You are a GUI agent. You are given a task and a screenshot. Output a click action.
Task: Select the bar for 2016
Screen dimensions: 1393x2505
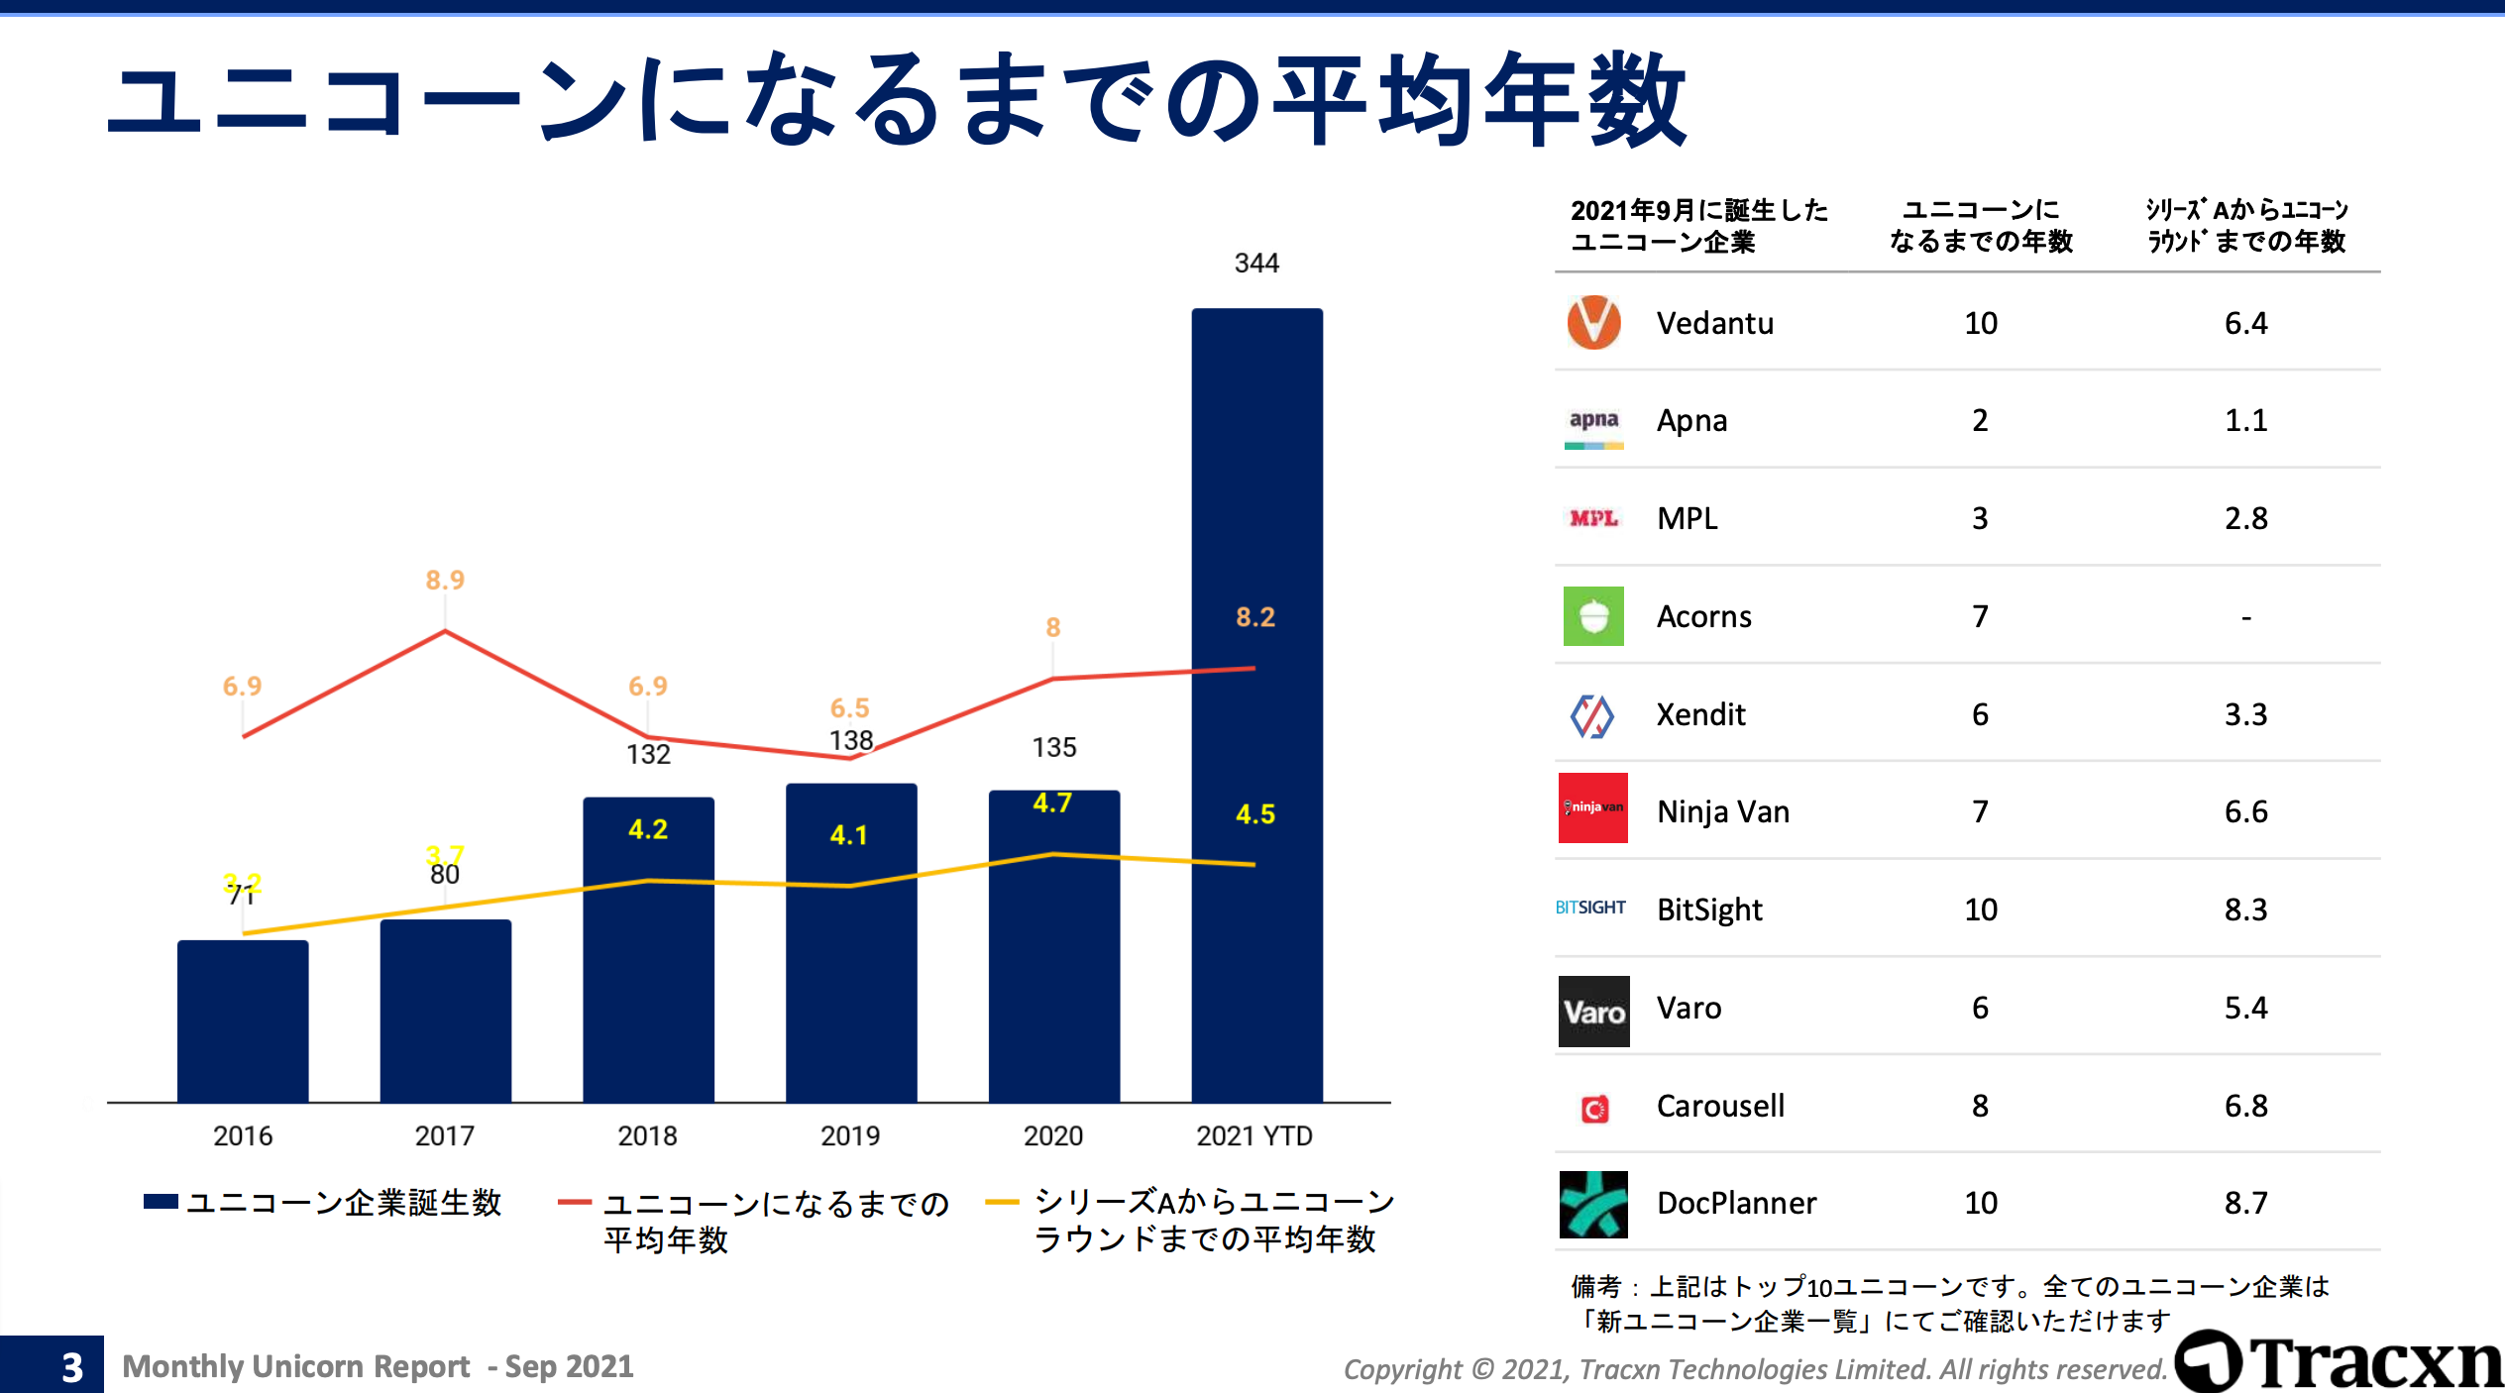(x=243, y=1020)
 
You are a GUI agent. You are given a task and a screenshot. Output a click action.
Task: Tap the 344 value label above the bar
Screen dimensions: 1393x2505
(x=1256, y=263)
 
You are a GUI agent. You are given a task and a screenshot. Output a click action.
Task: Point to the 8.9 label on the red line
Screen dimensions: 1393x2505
(x=445, y=580)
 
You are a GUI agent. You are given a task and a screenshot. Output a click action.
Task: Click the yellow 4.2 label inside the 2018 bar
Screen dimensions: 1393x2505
(x=648, y=829)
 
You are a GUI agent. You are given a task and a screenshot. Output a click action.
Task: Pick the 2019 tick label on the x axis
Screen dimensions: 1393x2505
(x=850, y=1135)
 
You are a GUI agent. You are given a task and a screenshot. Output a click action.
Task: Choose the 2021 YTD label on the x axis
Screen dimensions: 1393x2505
(x=1254, y=1135)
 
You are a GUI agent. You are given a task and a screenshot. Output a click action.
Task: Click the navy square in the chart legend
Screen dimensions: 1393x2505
(x=161, y=1202)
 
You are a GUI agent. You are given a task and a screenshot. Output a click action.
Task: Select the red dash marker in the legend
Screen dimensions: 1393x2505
(x=575, y=1203)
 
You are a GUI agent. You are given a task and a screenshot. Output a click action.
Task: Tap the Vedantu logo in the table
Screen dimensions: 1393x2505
(x=1593, y=323)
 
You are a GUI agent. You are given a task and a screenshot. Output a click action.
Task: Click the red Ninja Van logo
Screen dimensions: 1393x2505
(x=1593, y=807)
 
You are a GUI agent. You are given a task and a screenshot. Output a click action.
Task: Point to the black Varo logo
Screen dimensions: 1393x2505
(x=1593, y=1012)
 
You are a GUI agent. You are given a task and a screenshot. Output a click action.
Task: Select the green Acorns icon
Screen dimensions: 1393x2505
(x=1593, y=616)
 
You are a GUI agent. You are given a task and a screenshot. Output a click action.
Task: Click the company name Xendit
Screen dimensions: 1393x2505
(x=1700, y=714)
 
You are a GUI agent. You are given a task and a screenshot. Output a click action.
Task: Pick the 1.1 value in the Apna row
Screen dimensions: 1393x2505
(x=2245, y=420)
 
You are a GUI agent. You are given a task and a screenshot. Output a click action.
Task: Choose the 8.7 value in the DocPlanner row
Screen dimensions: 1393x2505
(x=2245, y=1203)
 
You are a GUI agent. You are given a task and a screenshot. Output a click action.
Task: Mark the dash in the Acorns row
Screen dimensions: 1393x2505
(x=2246, y=617)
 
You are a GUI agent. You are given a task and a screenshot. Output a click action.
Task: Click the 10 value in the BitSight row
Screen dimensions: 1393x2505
(x=1981, y=910)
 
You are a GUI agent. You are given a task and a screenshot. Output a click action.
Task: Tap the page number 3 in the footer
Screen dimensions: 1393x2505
(x=71, y=1367)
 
